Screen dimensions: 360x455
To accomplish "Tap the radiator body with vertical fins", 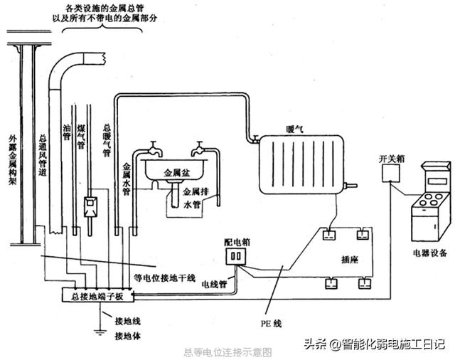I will [301, 166].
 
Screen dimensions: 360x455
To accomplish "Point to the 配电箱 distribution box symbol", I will [234, 255].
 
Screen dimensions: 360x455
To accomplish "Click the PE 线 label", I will [274, 324].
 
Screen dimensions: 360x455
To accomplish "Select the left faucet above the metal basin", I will [151, 151].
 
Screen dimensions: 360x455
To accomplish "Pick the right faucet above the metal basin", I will [200, 151].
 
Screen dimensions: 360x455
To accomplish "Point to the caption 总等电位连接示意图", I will [227, 351].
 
